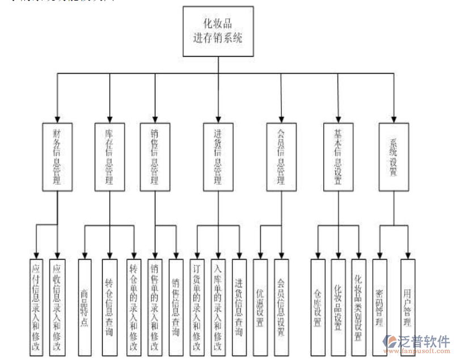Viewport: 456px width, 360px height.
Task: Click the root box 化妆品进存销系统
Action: click(217, 31)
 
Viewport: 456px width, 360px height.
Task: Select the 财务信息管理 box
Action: click(58, 156)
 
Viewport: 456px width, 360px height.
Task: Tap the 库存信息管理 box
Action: click(109, 156)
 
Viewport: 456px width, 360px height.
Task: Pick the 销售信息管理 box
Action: click(154, 156)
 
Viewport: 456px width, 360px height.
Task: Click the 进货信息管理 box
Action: click(218, 156)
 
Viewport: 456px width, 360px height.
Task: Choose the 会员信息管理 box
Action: click(281, 156)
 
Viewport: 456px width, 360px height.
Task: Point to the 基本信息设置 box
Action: click(338, 156)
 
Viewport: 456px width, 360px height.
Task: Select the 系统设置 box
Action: click(393, 156)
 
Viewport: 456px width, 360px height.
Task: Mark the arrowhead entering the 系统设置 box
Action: click(393, 120)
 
